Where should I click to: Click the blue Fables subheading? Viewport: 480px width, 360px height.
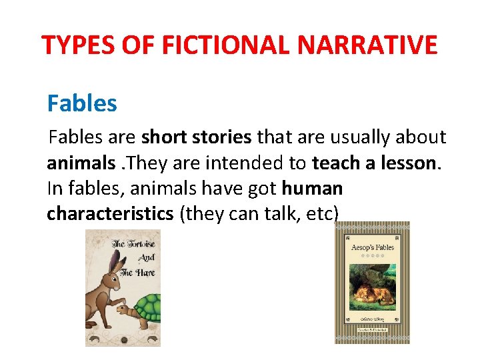tap(82, 103)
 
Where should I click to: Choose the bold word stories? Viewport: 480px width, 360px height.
tap(219, 138)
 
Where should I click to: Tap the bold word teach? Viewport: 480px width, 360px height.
tap(337, 163)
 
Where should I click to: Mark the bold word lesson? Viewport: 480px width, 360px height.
tap(414, 163)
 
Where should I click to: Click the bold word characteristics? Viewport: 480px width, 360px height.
tap(111, 214)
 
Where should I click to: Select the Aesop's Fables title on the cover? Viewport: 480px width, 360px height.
tap(372, 247)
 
